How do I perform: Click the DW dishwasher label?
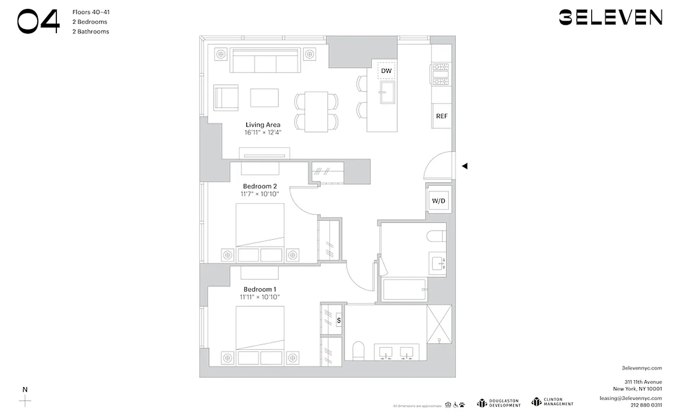[x=386, y=70]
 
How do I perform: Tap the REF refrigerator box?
[x=441, y=116]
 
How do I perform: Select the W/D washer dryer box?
[x=438, y=200]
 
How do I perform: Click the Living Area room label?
[x=263, y=125]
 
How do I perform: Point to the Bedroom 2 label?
[x=260, y=186]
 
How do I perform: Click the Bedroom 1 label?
[x=260, y=289]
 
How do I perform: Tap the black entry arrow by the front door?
[x=464, y=166]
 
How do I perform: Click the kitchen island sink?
[x=386, y=93]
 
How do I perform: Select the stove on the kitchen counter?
[x=441, y=74]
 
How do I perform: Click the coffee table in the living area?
[x=264, y=97]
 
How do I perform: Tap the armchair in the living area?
[x=226, y=98]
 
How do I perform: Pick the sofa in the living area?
[x=265, y=61]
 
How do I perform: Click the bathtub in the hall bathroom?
[x=404, y=290]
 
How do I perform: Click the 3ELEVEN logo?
[x=610, y=17]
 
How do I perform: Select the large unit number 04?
[x=38, y=22]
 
